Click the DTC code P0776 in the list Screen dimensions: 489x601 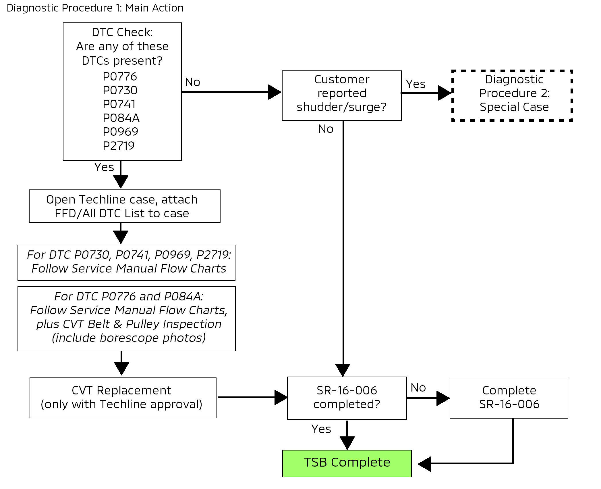(x=120, y=77)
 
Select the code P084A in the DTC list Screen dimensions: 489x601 (x=121, y=118)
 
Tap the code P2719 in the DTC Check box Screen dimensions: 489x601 (x=119, y=146)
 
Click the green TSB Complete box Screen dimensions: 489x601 (x=347, y=463)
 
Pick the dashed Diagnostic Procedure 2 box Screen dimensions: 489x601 (x=512, y=95)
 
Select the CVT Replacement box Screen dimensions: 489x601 (x=123, y=398)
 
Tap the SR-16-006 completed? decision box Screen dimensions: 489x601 (x=347, y=398)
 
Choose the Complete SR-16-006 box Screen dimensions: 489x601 (x=509, y=398)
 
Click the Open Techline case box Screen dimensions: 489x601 (x=125, y=206)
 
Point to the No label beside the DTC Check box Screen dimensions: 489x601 (x=192, y=83)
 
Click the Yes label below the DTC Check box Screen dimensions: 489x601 (x=104, y=167)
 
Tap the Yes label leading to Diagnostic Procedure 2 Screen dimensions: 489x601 (x=416, y=84)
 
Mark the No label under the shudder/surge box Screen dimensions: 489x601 (x=326, y=129)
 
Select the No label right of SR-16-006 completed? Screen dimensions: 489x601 (x=418, y=388)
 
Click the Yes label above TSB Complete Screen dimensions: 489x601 (x=321, y=429)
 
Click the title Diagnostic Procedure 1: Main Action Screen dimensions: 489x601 (x=95, y=8)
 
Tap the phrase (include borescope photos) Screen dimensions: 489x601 (x=129, y=338)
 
